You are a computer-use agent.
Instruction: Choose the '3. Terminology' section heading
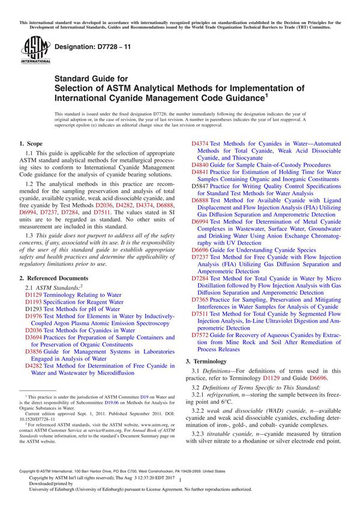209,362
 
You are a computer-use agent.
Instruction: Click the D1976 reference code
34,316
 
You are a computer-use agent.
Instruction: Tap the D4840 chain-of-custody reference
200,164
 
